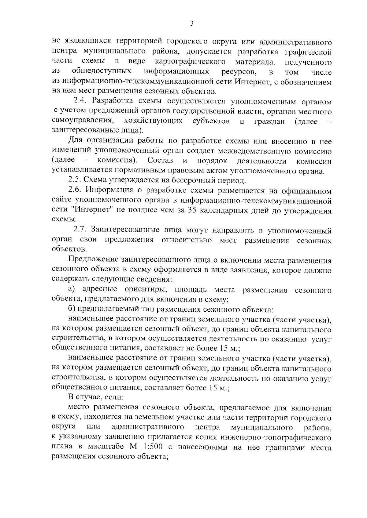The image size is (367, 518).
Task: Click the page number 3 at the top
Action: point(191,24)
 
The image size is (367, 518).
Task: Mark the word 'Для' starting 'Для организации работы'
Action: point(74,141)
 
